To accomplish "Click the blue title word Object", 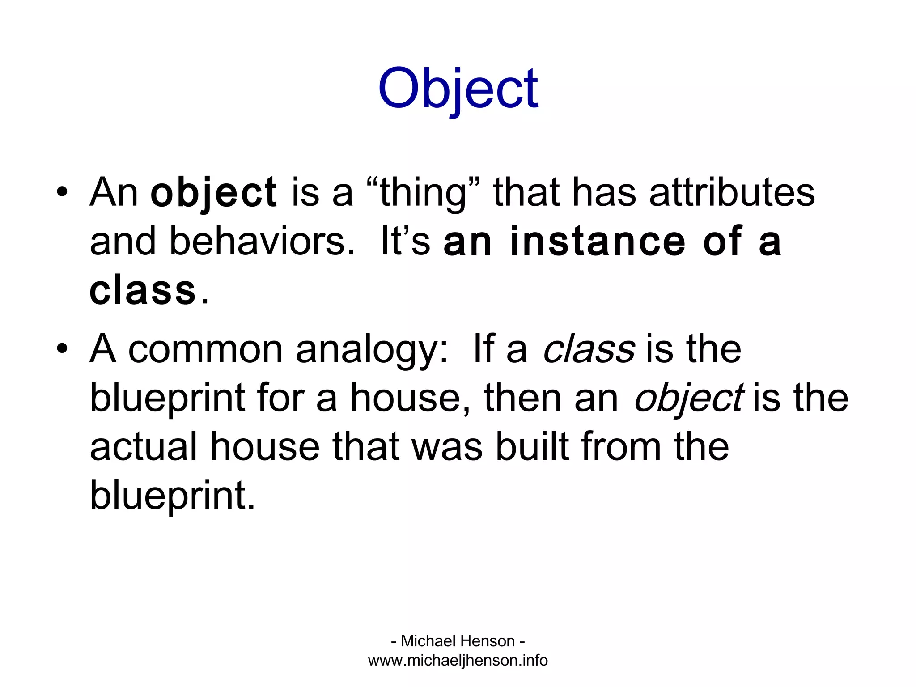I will [458, 88].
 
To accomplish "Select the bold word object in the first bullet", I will [213, 193].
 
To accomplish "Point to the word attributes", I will [732, 193].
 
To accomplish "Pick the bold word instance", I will [598, 242].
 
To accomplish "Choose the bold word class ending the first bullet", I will [143, 291].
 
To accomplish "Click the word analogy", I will [372, 349].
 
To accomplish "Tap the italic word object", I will [689, 398].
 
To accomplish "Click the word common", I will [205, 349].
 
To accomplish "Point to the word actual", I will [144, 447].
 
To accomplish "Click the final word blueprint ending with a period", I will [172, 496].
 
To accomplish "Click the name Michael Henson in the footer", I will [458, 641].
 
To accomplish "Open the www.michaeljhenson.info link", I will [458, 660].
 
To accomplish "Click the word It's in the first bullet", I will [405, 242].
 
